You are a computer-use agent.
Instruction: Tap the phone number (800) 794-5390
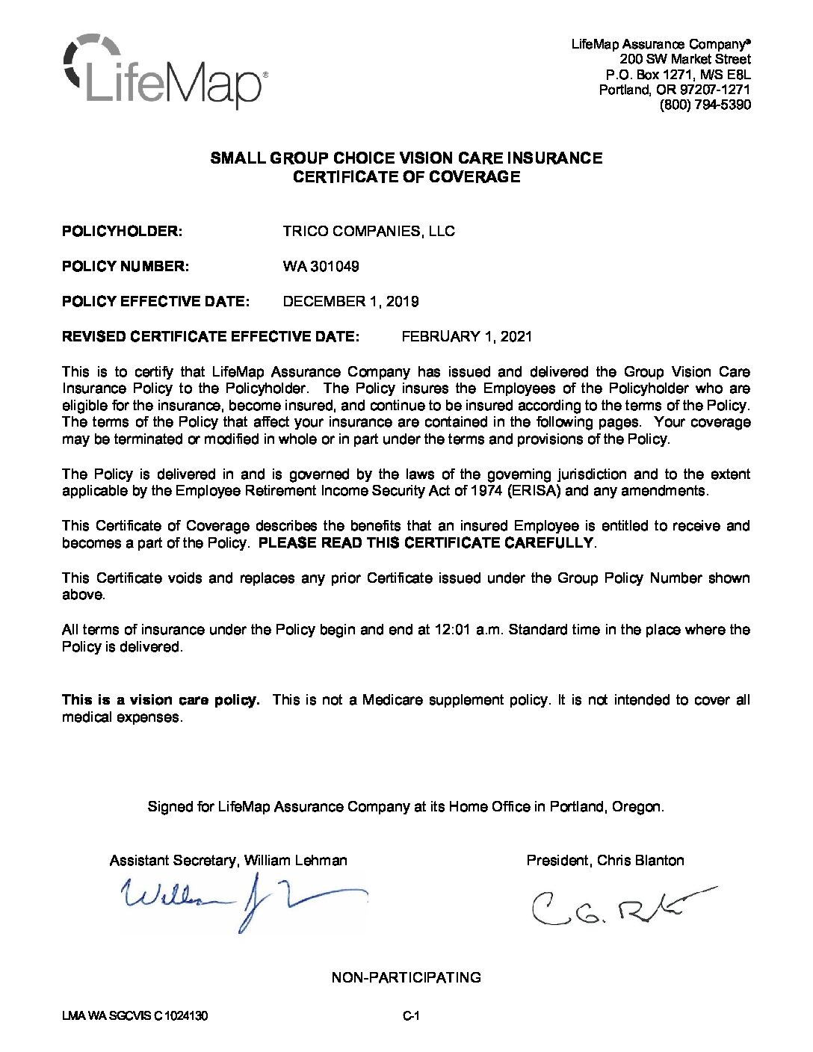[x=705, y=105]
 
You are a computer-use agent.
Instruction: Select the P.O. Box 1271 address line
[x=678, y=75]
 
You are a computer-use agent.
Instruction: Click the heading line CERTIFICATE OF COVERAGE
[x=406, y=177]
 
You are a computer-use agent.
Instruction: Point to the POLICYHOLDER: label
[x=122, y=232]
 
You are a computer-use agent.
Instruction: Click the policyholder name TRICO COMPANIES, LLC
[x=368, y=232]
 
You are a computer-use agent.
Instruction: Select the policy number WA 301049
[x=321, y=267]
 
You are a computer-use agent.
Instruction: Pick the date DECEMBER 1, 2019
[x=350, y=302]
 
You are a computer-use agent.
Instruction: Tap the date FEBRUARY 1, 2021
[x=467, y=337]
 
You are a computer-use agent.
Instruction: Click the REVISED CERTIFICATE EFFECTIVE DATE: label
[x=211, y=337]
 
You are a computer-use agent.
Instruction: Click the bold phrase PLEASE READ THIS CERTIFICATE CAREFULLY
[x=426, y=543]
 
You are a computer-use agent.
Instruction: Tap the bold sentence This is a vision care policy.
[x=161, y=700]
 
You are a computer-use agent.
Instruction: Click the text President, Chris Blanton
[x=605, y=861]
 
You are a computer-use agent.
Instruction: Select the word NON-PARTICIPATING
[x=406, y=978]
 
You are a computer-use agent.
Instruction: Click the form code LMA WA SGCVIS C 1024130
[x=135, y=1017]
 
